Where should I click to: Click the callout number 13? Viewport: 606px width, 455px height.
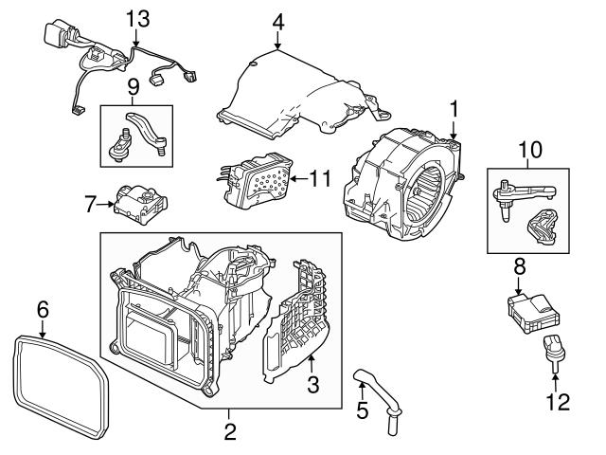click(x=137, y=18)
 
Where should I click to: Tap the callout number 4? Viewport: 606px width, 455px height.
click(x=277, y=20)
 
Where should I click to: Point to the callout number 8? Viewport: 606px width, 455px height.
click(x=518, y=268)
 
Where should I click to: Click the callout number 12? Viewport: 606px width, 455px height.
click(x=559, y=402)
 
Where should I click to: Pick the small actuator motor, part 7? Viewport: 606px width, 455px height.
click(x=135, y=202)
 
